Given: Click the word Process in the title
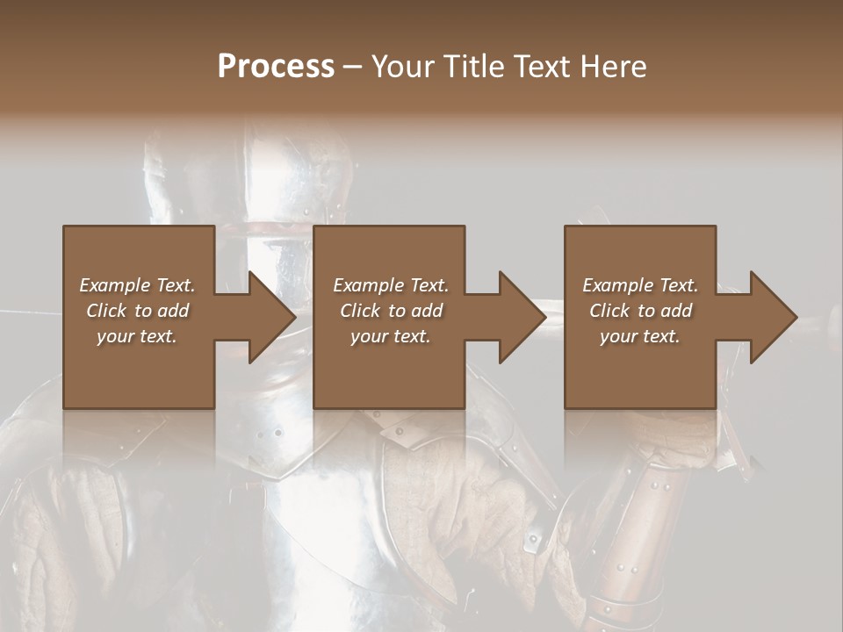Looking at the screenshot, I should point(276,67).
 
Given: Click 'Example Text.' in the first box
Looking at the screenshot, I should point(137,285).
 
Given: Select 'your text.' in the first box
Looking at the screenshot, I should point(137,336).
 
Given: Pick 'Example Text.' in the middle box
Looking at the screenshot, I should point(391,285).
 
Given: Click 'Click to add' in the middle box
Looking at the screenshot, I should point(391,311).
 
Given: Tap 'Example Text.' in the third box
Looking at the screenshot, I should point(640,285).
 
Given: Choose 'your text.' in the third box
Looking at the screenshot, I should point(640,336).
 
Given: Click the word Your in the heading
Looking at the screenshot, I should point(402,67).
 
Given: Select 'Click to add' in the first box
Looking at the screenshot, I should point(137,311).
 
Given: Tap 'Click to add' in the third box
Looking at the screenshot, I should point(640,311).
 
